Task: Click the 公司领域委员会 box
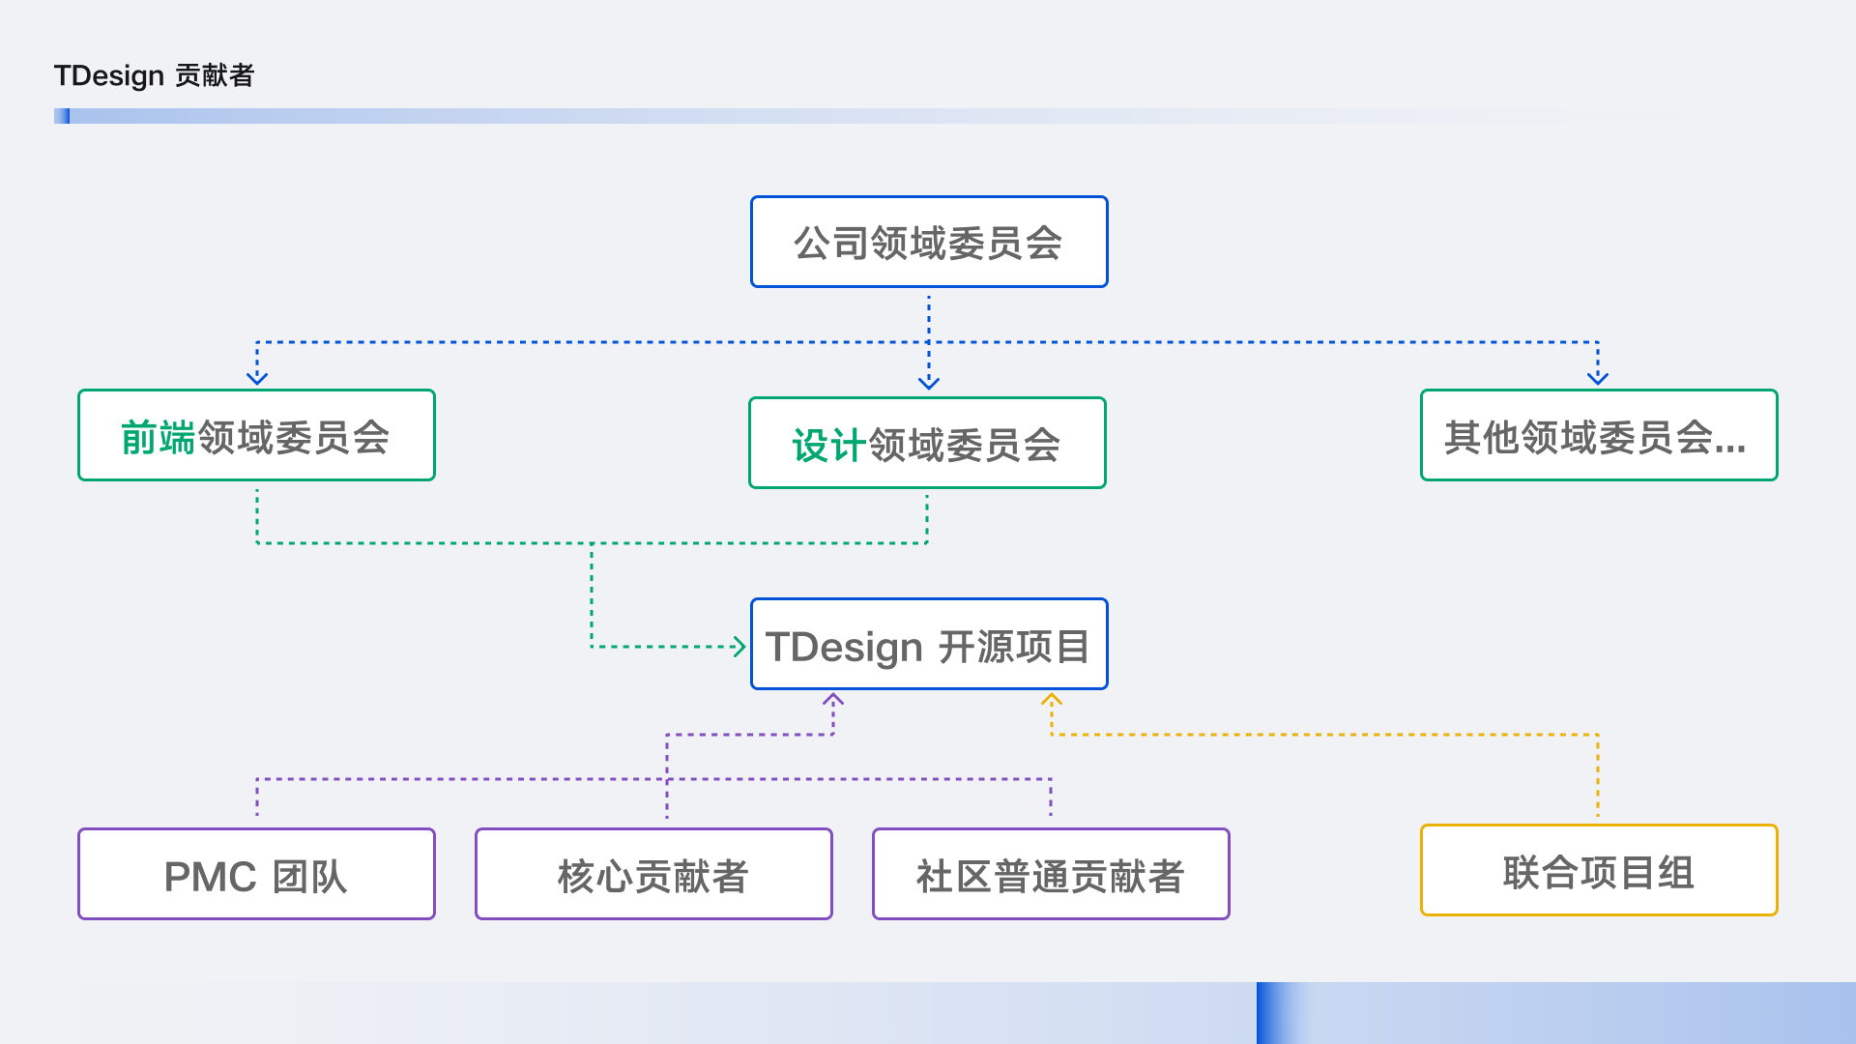click(928, 242)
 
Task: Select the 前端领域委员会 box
click(256, 435)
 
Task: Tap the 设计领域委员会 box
click(927, 443)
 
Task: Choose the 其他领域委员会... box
click(1598, 435)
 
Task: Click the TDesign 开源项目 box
click(928, 644)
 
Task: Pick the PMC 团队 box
click(256, 874)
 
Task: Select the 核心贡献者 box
click(653, 874)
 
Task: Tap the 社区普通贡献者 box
click(1051, 874)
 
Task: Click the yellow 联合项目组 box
click(1598, 870)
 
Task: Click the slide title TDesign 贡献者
click(154, 75)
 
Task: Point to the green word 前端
click(159, 438)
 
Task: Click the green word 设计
click(828, 446)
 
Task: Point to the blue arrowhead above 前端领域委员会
click(257, 378)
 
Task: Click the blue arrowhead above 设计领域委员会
click(929, 383)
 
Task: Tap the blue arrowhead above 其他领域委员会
click(1598, 378)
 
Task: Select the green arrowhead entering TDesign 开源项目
click(739, 647)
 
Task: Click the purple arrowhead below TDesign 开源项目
click(833, 700)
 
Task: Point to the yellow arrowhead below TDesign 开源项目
click(1052, 700)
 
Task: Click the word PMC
click(210, 877)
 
